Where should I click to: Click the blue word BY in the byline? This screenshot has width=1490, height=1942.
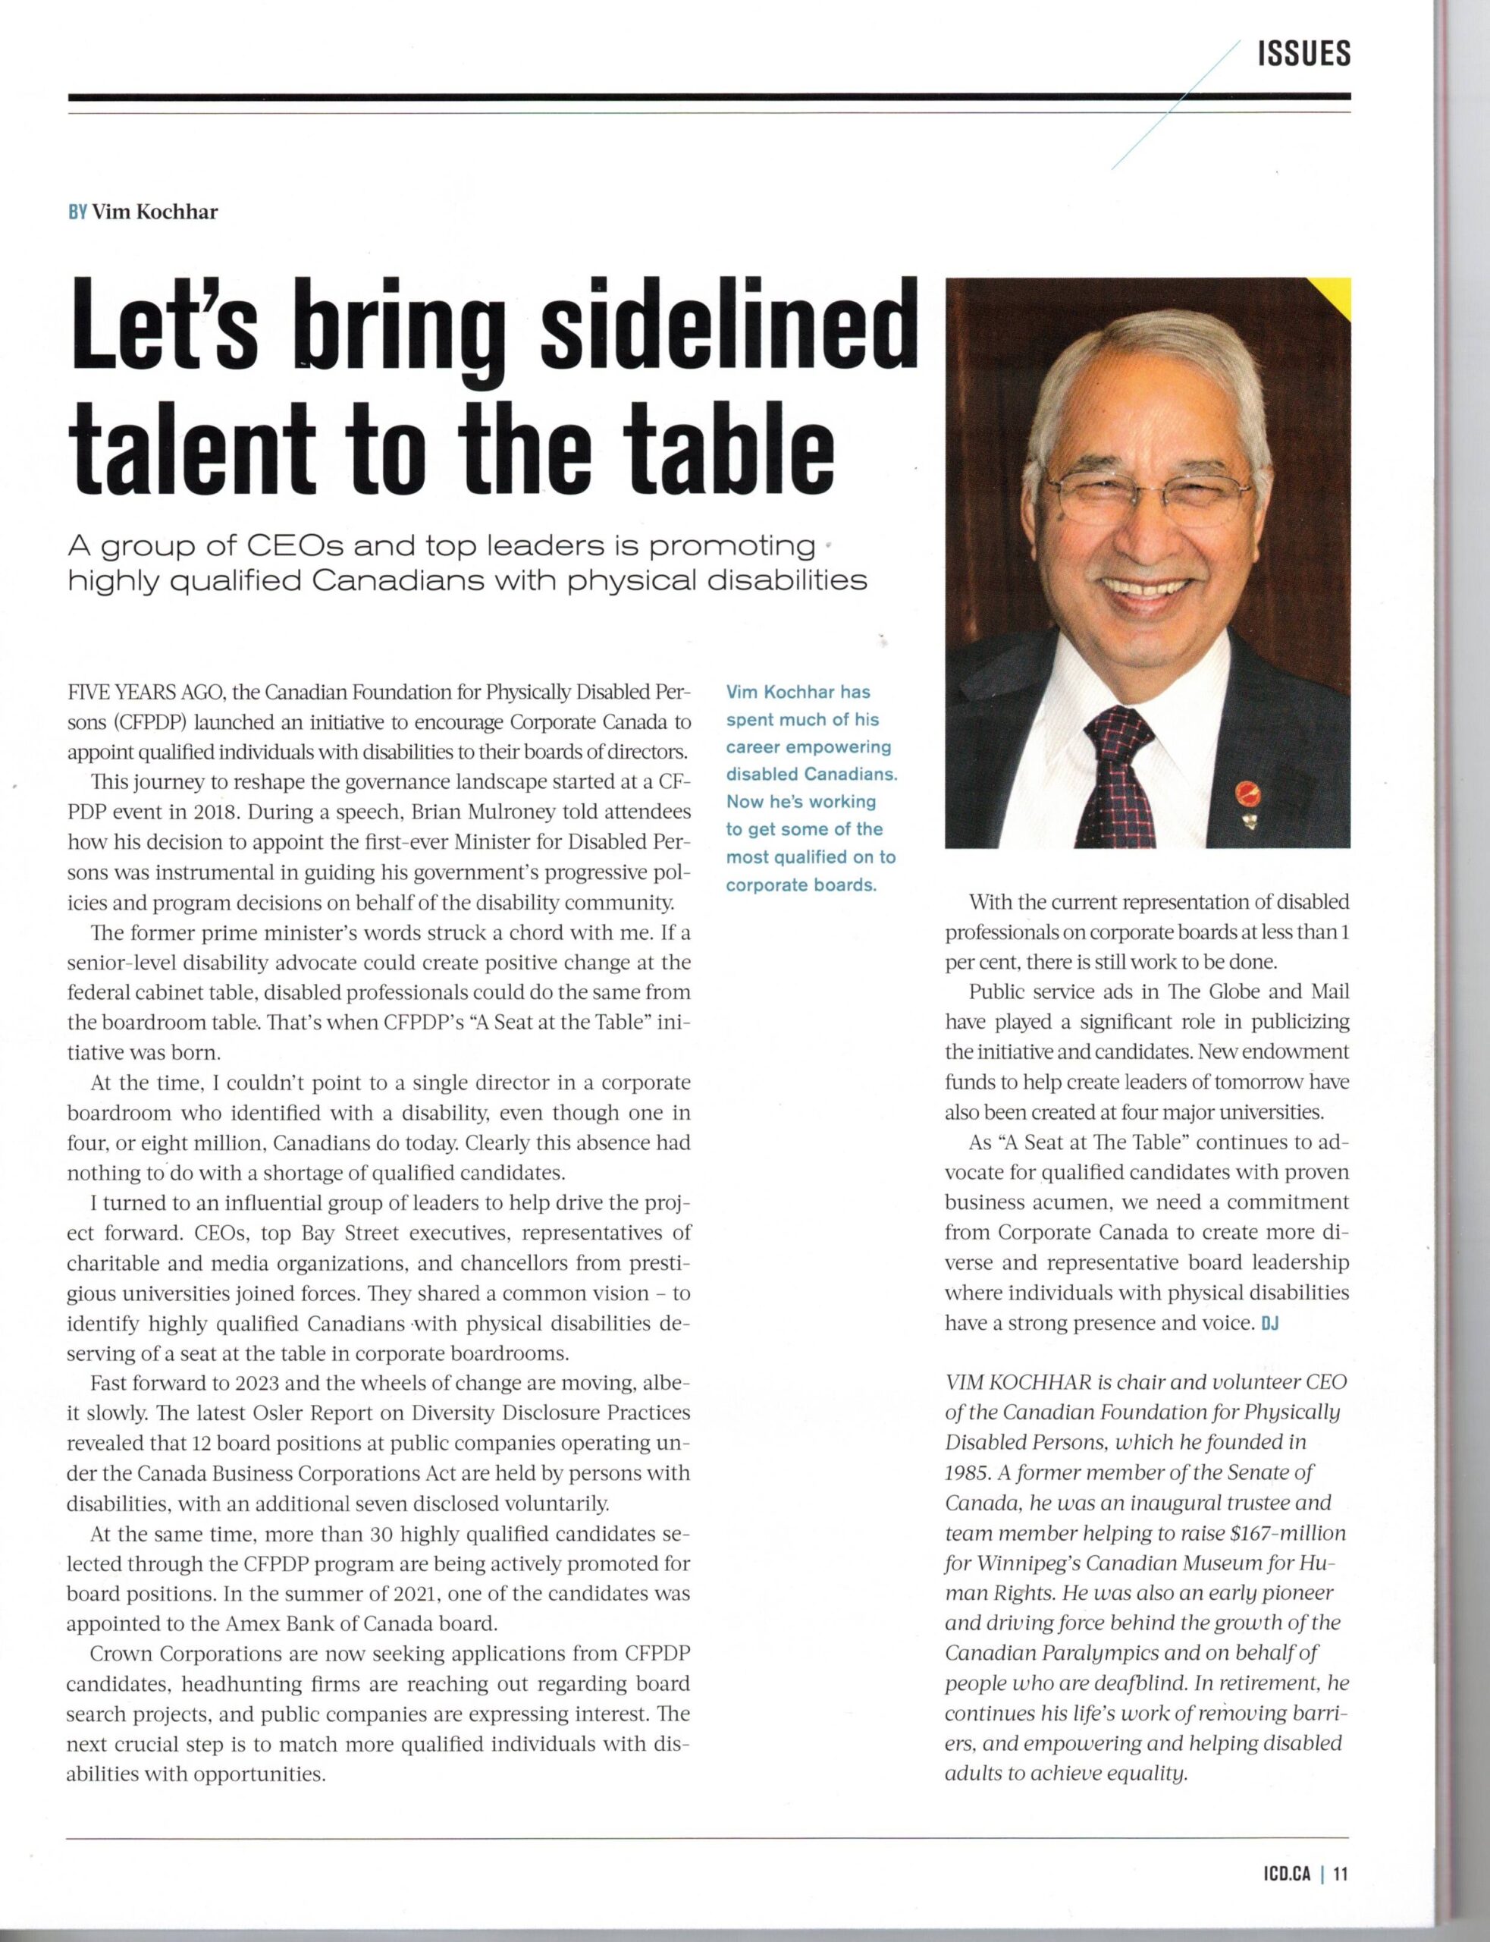pos(77,212)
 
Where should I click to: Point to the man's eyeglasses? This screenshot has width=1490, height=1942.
pos(1153,497)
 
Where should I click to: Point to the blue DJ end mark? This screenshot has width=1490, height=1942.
pos(1270,1324)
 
